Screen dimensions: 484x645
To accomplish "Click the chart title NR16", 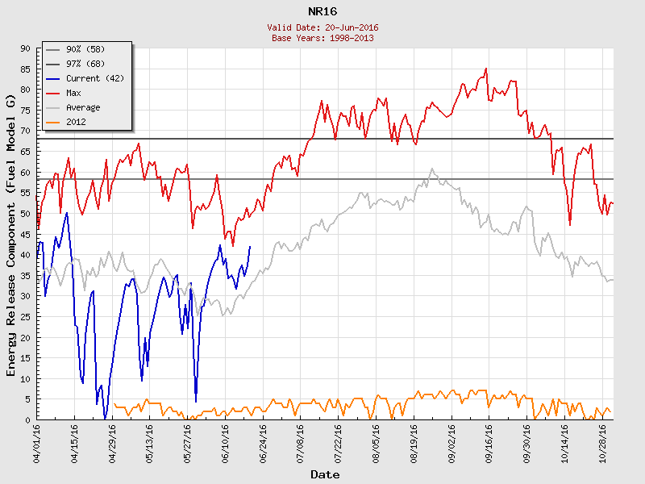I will coord(322,11).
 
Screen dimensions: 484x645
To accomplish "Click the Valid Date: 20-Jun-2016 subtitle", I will coord(322,27).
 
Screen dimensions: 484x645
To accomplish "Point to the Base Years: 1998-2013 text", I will coord(322,38).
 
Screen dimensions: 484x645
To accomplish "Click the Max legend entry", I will coord(74,93).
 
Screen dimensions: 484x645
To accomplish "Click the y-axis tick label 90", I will coord(25,48).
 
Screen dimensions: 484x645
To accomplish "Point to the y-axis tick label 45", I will coord(25,234).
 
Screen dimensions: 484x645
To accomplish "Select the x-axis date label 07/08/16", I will coord(301,443).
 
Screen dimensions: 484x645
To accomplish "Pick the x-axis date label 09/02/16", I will coord(451,443).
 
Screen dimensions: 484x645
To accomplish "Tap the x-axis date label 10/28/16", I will coord(602,443).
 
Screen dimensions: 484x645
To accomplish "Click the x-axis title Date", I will coord(325,475).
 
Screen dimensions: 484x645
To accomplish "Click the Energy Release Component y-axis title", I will coord(11,234).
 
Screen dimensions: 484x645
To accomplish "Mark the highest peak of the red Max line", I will coord(486,69).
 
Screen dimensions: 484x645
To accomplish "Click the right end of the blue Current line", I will coord(250,247).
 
